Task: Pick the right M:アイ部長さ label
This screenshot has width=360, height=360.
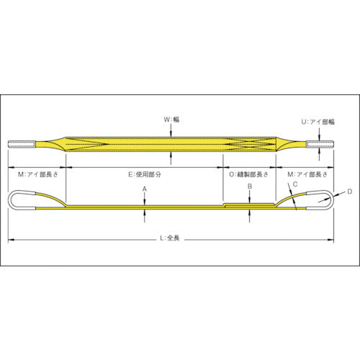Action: (310, 174)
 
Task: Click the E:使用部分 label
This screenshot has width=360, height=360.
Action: (143, 174)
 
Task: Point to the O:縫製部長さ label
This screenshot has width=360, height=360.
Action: (249, 174)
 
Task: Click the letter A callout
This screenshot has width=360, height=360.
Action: (144, 189)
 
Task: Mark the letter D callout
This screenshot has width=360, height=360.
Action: (350, 191)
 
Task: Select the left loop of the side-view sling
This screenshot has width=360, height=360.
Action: (22, 200)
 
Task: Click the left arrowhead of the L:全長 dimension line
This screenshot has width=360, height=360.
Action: (12, 238)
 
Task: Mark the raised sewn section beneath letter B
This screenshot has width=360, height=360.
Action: (248, 204)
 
